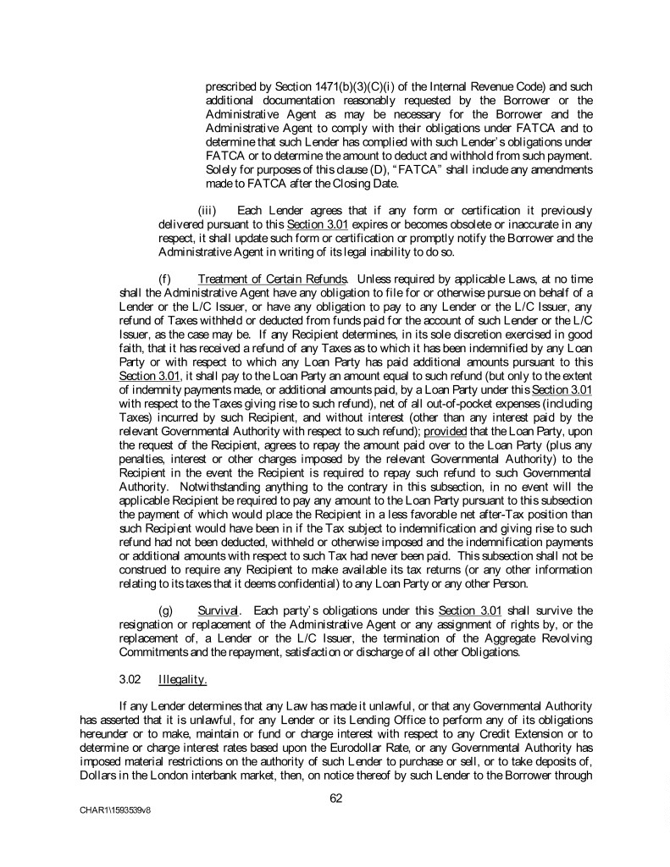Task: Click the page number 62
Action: point(335,797)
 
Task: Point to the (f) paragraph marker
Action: point(165,279)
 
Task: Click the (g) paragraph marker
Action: point(166,610)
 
